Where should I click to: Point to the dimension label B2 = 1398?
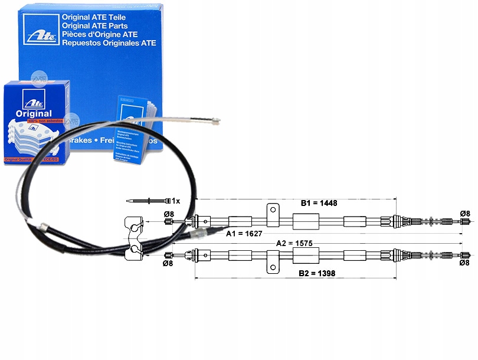pos(317,273)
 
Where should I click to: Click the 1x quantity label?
pos(175,201)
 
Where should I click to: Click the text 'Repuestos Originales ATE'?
pos(109,42)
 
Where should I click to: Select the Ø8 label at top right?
pos(464,214)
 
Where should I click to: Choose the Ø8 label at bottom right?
pos(464,263)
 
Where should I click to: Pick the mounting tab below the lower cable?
pos(272,262)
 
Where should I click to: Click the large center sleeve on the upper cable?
pos(306,221)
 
